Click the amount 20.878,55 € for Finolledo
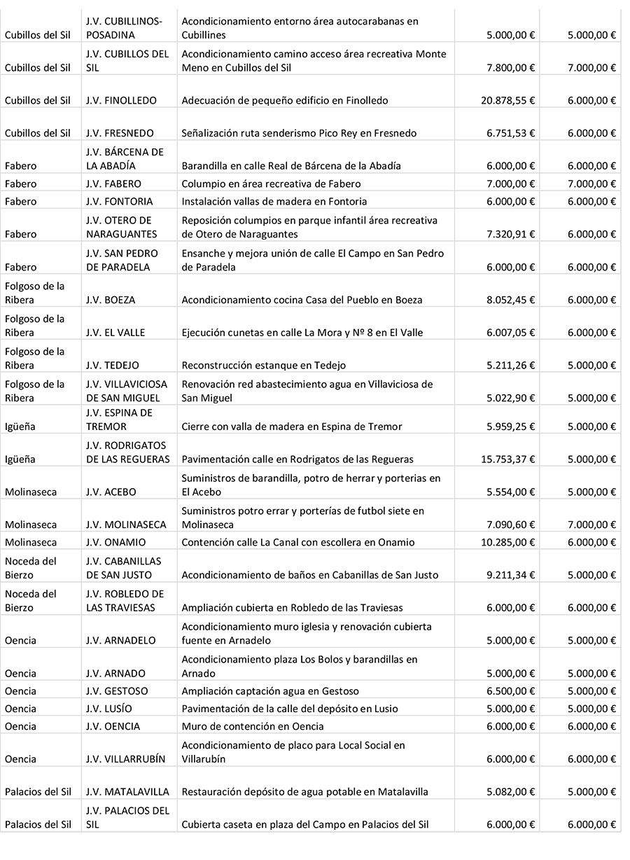coord(508,100)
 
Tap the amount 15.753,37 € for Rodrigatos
coord(508,459)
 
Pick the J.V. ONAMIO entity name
coord(116,542)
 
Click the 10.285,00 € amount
coord(508,542)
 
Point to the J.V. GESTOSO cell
coord(118,691)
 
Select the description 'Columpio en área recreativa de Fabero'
coord(272,183)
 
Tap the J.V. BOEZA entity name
coord(111,300)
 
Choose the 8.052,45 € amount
coord(511,300)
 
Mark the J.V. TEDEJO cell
coord(113,366)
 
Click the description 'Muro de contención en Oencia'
coord(253,726)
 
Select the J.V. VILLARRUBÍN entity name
coord(126,759)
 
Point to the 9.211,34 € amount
coord(511,575)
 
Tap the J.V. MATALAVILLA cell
coord(127,792)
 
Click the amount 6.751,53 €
coord(511,133)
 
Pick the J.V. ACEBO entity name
coord(111,492)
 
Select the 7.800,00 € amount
coord(511,67)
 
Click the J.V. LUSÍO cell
coord(109,709)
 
